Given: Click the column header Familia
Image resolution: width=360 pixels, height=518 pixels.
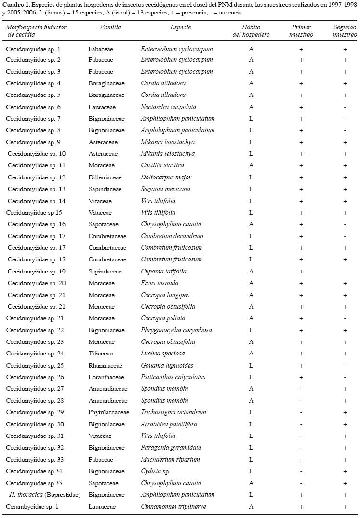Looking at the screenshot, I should click(110, 27).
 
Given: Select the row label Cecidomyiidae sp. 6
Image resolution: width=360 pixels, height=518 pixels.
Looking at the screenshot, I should click(33, 107).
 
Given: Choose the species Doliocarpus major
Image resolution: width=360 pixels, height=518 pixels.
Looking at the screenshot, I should click(166, 177).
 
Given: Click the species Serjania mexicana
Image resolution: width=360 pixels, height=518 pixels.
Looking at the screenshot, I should click(165, 189).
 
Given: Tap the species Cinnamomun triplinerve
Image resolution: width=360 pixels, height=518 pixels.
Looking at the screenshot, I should click(170, 507).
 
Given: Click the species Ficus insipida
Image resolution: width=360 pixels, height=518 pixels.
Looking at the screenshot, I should click(160, 283).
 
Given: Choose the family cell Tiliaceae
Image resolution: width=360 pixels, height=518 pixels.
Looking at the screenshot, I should click(100, 354).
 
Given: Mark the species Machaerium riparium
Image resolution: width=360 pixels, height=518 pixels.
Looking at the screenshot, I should click(170, 460).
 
